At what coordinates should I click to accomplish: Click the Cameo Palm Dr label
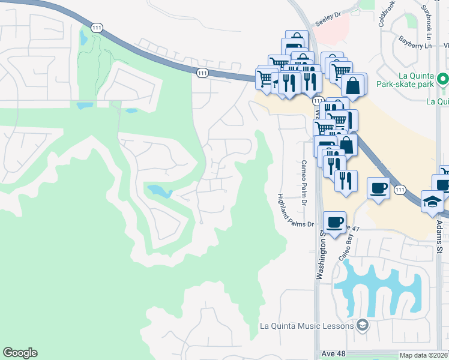click(304, 182)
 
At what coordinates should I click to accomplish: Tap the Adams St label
click(439, 234)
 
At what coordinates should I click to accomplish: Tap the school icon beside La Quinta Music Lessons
click(362, 326)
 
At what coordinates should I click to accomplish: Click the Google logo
click(20, 353)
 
